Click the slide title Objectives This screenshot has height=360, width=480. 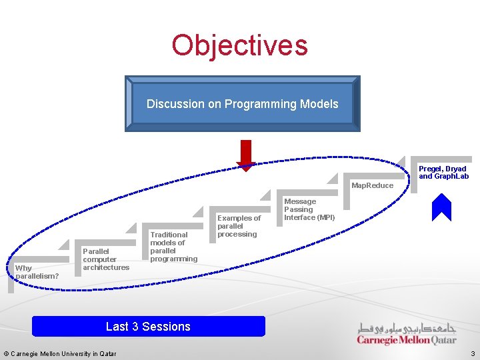(x=239, y=45)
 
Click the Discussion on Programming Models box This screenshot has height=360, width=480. (x=242, y=104)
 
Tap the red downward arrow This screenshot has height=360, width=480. (x=246, y=155)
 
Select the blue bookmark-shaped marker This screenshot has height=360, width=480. (x=441, y=207)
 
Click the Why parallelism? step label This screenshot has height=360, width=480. (x=37, y=272)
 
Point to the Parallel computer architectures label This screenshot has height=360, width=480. (x=106, y=259)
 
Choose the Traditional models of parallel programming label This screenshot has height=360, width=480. (x=173, y=247)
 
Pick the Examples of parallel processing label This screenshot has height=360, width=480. (x=239, y=226)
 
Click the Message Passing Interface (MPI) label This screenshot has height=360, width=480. (x=309, y=209)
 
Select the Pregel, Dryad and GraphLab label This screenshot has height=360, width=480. (x=443, y=173)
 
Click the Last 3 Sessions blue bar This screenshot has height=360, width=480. (x=148, y=327)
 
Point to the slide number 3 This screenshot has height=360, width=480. (x=472, y=353)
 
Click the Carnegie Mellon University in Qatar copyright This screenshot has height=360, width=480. (x=59, y=353)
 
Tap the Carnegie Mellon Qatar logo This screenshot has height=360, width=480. (x=407, y=334)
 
